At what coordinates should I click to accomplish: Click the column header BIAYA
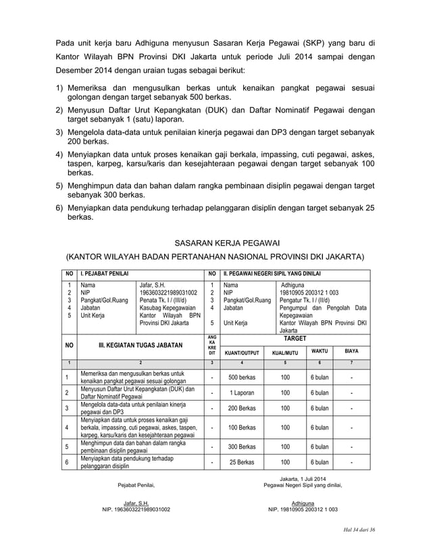coord(351,351)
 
